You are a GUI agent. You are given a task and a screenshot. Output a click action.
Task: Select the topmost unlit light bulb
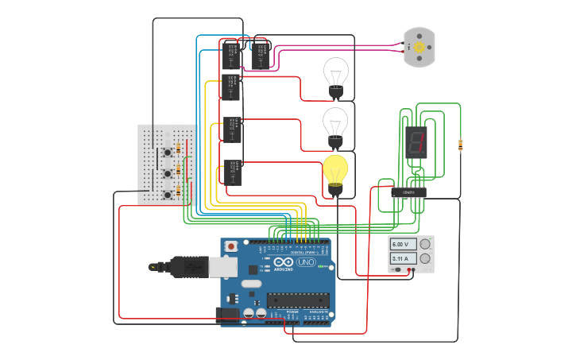(x=335, y=75)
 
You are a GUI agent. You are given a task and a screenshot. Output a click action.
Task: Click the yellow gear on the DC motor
(x=418, y=48)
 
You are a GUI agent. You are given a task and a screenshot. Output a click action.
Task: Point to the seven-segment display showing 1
(x=416, y=142)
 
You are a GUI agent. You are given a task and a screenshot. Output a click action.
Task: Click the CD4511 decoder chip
(x=408, y=192)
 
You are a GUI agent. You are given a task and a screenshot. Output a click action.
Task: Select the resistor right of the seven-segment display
(x=460, y=145)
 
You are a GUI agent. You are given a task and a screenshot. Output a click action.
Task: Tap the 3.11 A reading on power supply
(x=401, y=259)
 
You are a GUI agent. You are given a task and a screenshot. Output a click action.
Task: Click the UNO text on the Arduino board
(x=306, y=262)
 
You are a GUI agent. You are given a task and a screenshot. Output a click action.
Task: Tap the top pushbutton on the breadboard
(x=167, y=152)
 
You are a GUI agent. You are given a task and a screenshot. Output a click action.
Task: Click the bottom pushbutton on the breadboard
(x=167, y=194)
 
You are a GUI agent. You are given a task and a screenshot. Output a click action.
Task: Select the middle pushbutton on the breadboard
(x=167, y=172)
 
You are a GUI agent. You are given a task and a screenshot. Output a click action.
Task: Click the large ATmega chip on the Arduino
(x=298, y=300)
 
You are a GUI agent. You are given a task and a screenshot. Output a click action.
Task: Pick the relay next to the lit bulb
(x=233, y=172)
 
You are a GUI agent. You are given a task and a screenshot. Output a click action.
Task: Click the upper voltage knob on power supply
(x=425, y=244)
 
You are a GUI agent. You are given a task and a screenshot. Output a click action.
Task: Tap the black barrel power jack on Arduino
(x=228, y=315)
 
